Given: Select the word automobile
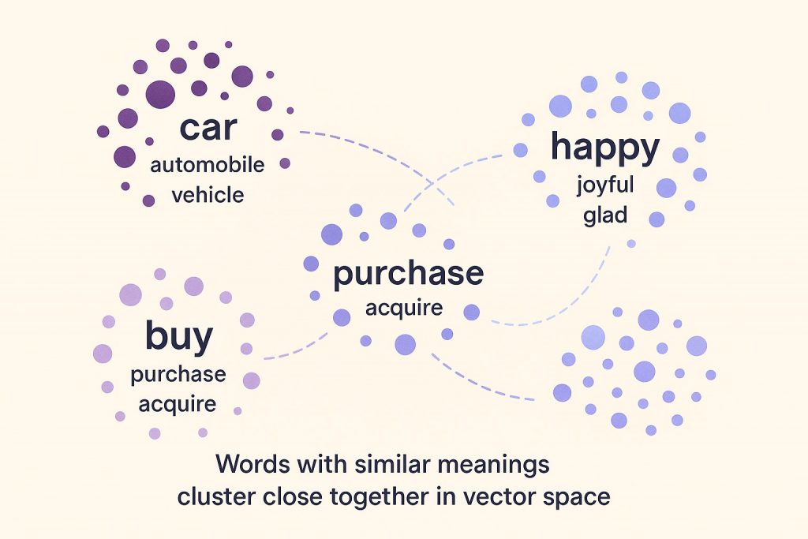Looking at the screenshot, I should (207, 165).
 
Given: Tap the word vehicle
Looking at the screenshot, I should (208, 194).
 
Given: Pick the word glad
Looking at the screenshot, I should (605, 215).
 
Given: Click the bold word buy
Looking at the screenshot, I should (178, 337).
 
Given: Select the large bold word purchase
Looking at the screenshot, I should (408, 273).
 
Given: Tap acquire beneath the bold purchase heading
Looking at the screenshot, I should (404, 308).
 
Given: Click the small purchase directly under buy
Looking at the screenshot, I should (178, 375).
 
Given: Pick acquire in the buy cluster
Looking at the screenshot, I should (178, 404).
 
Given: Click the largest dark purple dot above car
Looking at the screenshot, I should (160, 94).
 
